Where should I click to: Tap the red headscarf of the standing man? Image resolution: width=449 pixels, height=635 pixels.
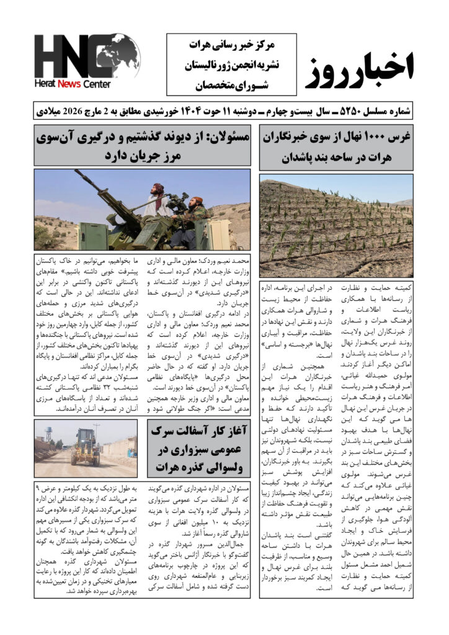pos(158,188)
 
